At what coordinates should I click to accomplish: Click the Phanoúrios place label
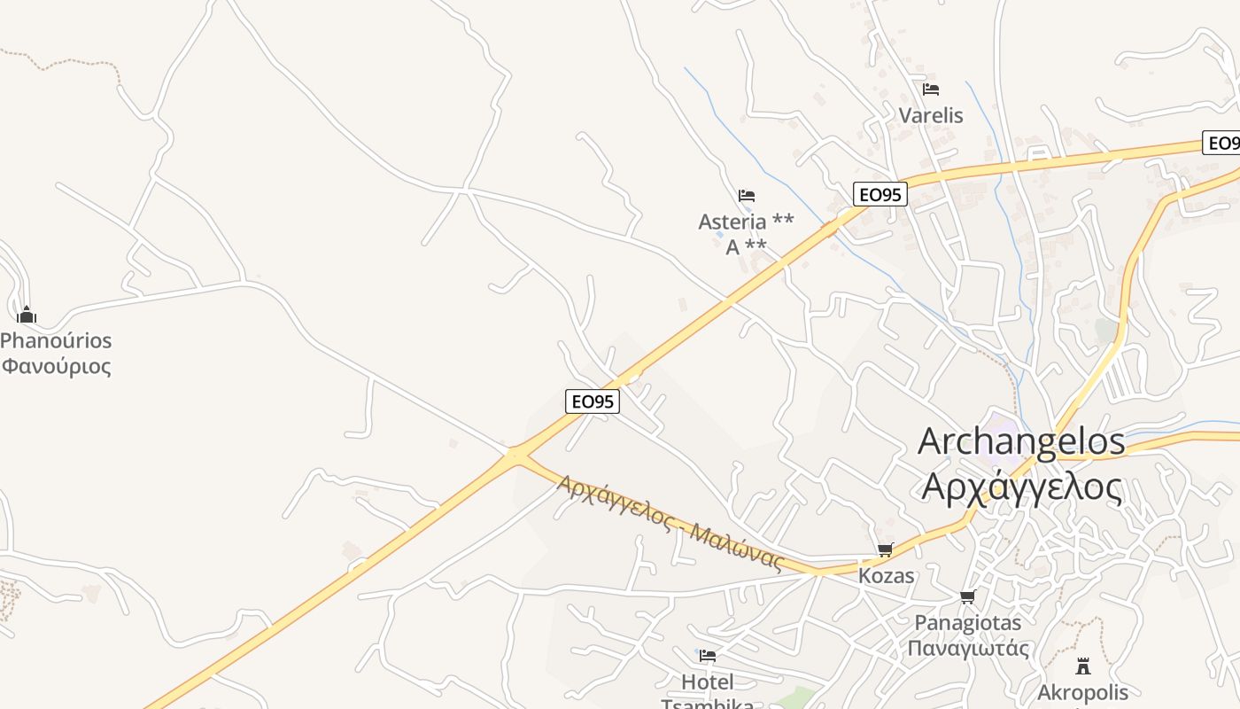coord(56,340)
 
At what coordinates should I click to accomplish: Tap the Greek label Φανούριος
coord(56,366)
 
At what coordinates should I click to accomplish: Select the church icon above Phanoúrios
coord(27,315)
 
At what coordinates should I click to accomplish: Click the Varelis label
coord(931,115)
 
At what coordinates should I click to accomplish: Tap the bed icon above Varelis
coord(931,90)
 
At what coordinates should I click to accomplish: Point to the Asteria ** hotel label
coord(746,222)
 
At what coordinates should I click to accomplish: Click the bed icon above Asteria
coord(747,196)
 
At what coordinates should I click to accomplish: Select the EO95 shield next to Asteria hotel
coord(880,194)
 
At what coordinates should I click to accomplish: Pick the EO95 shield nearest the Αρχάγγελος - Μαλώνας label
coord(593,401)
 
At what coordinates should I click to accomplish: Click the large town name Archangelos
coord(1021,441)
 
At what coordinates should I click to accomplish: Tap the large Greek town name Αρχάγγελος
coord(1021,486)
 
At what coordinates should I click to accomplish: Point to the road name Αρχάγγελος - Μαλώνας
coord(670,521)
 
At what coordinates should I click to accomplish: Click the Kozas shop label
coord(887,576)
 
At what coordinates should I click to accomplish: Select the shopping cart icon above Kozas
coord(886,550)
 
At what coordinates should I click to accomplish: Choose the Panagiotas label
coord(968,622)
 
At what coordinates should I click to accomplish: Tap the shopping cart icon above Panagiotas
coord(968,596)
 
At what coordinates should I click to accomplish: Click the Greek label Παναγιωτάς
coord(968,648)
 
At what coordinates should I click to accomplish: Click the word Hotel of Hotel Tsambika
coord(708,682)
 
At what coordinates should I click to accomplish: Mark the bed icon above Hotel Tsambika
coord(708,656)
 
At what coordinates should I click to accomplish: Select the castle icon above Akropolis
coord(1083,666)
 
